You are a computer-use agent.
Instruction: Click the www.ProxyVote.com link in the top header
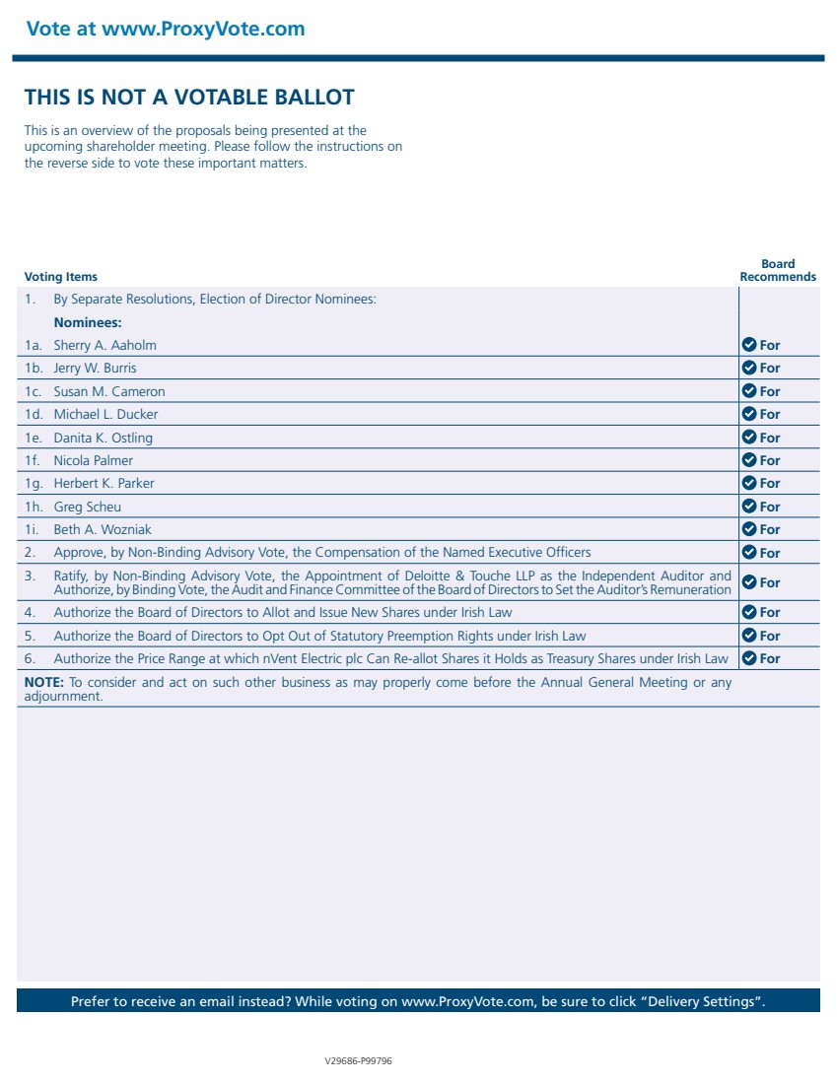203,29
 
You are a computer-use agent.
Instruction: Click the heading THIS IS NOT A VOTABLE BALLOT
189,97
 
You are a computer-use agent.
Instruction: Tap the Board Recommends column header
778,271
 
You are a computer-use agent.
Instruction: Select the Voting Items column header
61,277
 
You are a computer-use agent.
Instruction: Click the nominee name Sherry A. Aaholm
105,345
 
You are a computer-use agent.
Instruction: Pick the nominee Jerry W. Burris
95,368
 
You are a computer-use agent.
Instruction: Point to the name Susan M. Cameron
109,391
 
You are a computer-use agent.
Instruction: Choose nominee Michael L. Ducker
105,414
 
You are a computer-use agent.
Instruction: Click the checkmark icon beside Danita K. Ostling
748,438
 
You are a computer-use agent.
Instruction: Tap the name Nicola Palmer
93,460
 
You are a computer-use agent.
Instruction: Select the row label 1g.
35,483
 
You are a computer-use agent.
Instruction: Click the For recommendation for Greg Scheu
769,507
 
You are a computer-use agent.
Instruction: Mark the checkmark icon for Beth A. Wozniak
748,529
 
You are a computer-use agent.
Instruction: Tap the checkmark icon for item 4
748,612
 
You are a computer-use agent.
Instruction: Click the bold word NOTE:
43,682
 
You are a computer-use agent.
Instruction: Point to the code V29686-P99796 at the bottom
359,1061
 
